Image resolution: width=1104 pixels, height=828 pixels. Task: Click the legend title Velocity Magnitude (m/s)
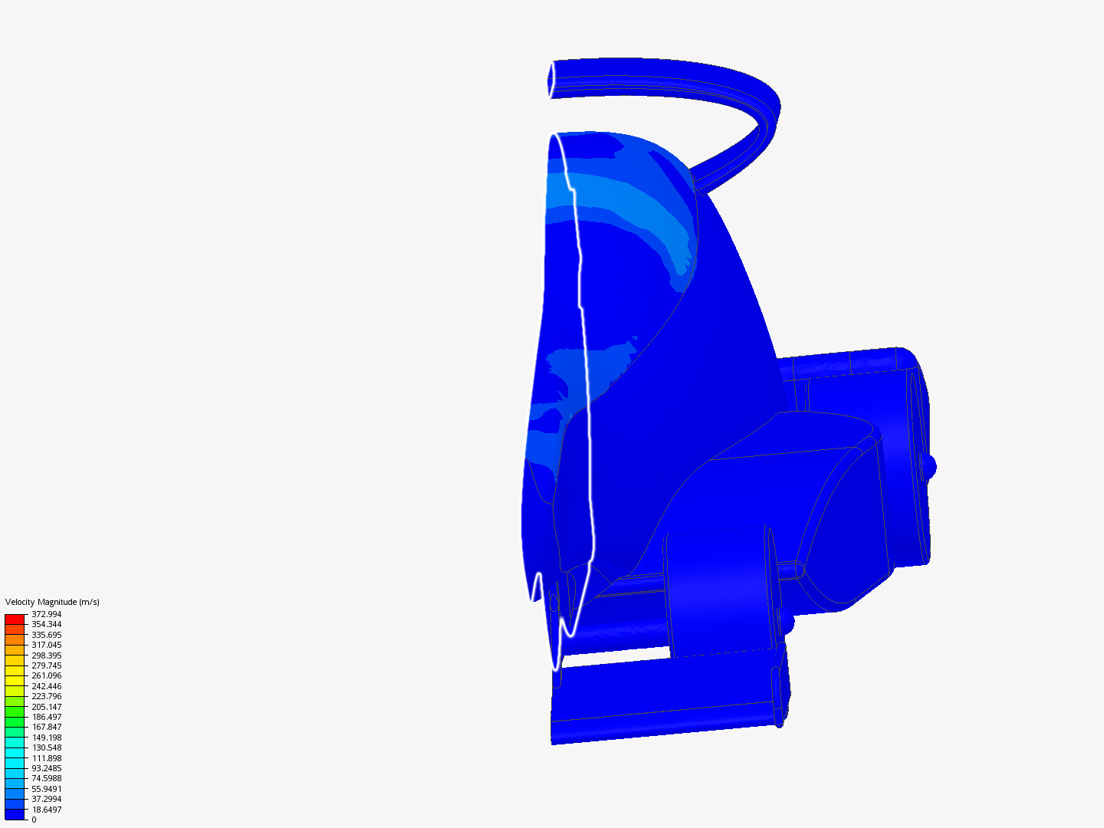coord(52,602)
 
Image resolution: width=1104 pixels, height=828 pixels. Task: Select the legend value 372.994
coord(46,614)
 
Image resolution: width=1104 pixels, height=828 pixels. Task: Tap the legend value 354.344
coord(46,624)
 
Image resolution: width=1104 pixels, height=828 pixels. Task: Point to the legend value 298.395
coord(46,655)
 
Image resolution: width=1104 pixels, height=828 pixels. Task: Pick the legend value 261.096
coord(46,675)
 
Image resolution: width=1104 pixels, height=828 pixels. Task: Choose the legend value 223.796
coord(46,696)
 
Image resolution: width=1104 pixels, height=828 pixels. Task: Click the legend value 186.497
coord(46,716)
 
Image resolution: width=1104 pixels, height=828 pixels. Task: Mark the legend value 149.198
coord(46,737)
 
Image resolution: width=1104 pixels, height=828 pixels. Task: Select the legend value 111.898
coord(46,757)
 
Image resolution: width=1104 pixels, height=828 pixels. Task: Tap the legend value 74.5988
coord(46,777)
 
